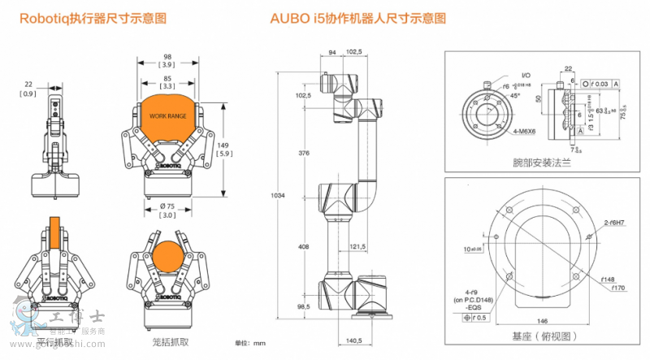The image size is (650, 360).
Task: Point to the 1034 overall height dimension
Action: click(278, 195)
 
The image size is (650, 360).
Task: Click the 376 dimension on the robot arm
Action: click(304, 152)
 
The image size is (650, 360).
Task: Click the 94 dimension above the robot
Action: click(332, 53)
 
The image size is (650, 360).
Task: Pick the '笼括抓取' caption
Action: click(168, 341)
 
